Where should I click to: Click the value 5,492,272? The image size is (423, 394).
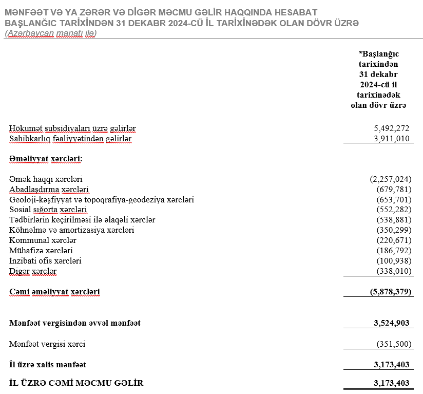[392, 128]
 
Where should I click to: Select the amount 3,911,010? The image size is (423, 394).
[392, 139]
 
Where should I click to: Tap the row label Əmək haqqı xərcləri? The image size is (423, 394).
[46, 179]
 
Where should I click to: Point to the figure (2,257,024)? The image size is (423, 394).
[391, 179]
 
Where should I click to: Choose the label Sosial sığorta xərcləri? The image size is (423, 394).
[48, 210]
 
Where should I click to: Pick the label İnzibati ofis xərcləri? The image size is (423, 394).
[45, 261]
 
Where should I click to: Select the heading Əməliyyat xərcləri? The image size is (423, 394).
[46, 159]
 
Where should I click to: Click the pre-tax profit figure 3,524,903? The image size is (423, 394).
[392, 323]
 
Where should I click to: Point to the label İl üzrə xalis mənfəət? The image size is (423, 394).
[48, 365]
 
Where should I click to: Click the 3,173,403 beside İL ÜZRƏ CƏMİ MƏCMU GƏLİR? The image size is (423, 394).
[392, 383]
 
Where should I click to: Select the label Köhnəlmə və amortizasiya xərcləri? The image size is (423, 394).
[71, 230]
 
